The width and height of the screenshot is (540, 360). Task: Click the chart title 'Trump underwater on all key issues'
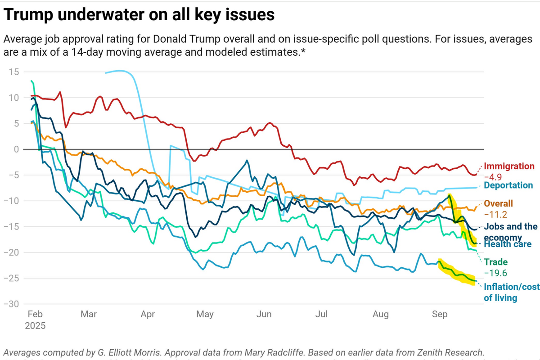click(x=139, y=15)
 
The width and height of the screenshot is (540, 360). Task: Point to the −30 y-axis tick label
click(x=12, y=305)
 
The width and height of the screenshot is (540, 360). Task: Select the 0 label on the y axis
click(x=17, y=149)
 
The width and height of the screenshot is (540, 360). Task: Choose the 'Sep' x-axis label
click(x=439, y=314)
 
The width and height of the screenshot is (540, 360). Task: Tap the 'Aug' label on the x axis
click(x=381, y=314)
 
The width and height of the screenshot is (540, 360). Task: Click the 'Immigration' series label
click(x=509, y=166)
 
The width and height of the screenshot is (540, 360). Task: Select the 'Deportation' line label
click(x=508, y=185)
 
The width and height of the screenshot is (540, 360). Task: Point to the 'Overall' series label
click(x=498, y=203)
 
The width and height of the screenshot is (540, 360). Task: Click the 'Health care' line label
click(x=508, y=244)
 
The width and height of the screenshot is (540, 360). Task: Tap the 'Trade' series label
click(x=495, y=262)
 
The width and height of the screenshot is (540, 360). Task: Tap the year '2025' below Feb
click(x=35, y=325)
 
